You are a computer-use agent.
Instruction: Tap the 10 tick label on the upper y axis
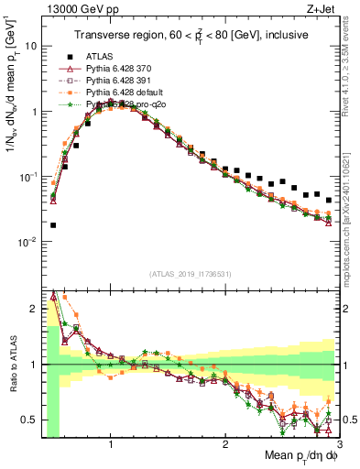click(x=30, y=46)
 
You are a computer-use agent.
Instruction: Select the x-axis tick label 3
click(x=339, y=443)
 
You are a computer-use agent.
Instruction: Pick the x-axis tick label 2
click(x=225, y=443)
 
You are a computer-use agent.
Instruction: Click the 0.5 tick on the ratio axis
click(x=28, y=420)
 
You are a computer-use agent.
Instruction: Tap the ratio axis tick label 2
click(x=33, y=308)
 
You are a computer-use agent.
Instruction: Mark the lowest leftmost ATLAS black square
click(x=53, y=224)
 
